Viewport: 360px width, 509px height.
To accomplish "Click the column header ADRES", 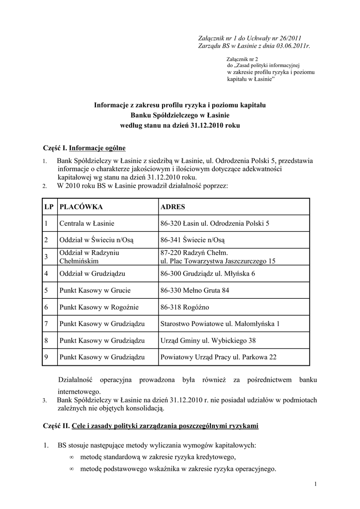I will coord(173,206).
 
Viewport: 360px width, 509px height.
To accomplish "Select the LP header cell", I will coord(49,206).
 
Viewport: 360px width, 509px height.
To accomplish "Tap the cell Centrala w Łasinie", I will coord(87,224).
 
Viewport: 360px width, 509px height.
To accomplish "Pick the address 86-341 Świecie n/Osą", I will coord(193,240).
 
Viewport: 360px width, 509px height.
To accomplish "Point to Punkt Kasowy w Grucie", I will coord(93,290).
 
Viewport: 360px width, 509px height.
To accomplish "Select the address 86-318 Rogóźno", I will coord(181,307).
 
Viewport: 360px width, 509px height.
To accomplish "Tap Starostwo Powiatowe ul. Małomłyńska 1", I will coord(220,324).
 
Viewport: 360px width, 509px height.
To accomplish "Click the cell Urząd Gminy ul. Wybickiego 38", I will coord(208,340).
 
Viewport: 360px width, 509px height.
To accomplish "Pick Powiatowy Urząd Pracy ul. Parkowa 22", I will coord(218,357).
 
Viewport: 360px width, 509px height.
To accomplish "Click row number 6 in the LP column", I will coord(46,307).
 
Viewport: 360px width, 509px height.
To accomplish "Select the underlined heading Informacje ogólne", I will coord(97,148).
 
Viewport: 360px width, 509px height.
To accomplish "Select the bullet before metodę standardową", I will coord(72,457).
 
